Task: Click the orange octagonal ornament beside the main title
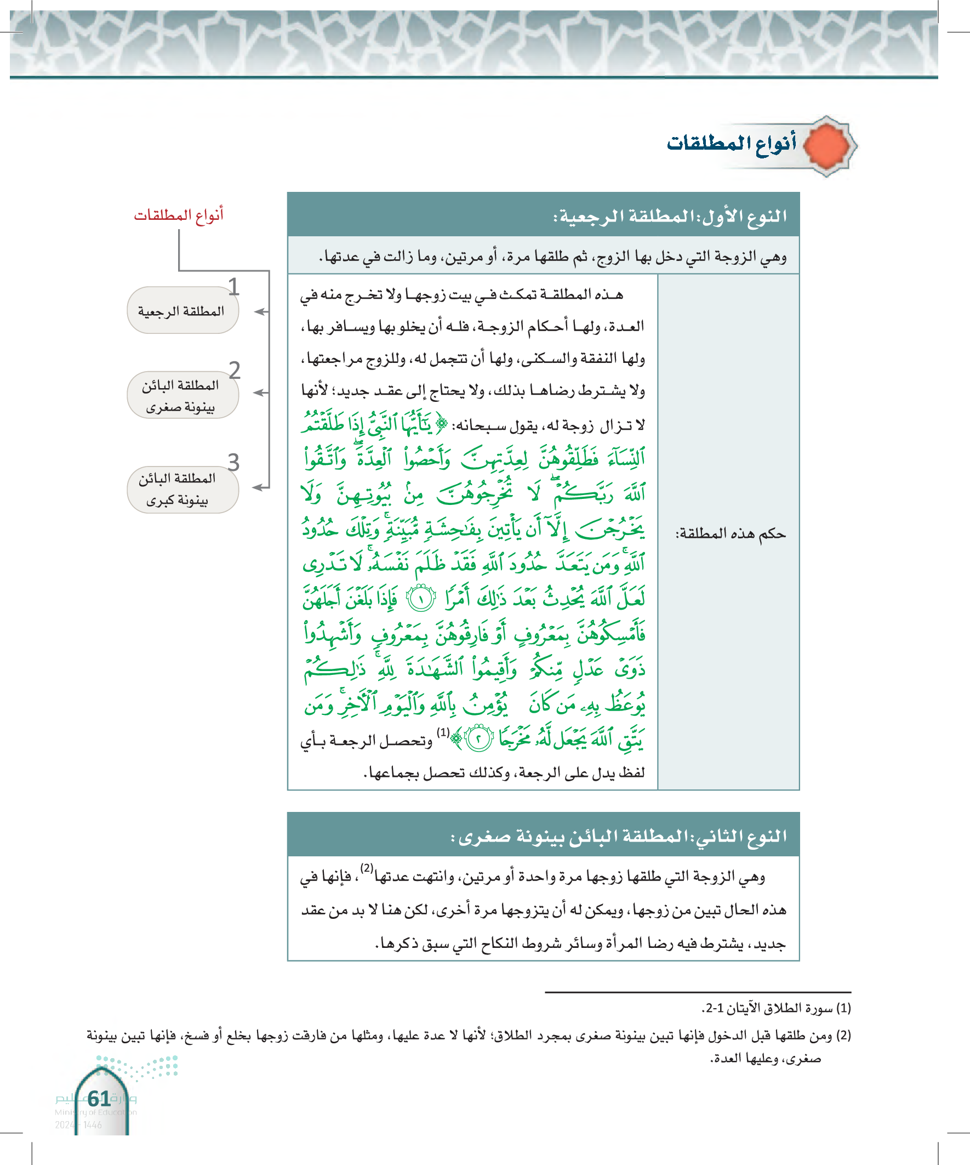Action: click(826, 146)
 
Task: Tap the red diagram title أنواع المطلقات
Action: click(179, 215)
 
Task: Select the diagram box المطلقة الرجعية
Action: click(182, 311)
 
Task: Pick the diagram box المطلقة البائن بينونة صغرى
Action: click(182, 395)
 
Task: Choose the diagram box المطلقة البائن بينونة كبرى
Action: click(182, 489)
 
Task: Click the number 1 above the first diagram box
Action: click(233, 287)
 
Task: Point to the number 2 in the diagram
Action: click(235, 370)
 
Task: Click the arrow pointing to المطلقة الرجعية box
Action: click(261, 312)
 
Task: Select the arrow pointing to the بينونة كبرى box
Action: click(260, 487)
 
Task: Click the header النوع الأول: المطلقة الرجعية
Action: click(670, 216)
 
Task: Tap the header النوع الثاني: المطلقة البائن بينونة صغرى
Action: click(618, 836)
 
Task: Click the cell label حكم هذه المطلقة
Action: click(731, 533)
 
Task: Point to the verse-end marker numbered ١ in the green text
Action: click(421, 599)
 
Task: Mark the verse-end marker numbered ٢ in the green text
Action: click(478, 739)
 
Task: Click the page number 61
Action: click(99, 1099)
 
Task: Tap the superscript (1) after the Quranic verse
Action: click(443, 732)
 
